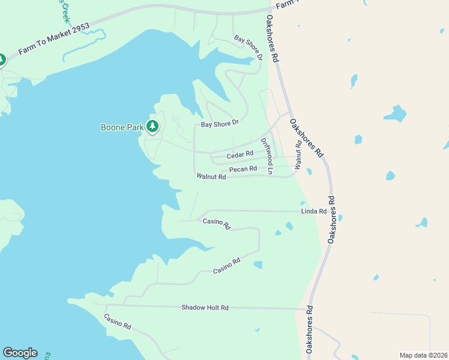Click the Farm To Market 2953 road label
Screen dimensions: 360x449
54,40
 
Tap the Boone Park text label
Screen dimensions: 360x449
122,127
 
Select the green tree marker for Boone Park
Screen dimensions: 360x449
153,127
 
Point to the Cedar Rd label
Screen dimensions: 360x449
240,155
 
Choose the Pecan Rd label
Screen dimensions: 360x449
243,170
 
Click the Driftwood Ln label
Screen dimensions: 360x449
267,157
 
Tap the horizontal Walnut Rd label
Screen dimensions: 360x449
211,176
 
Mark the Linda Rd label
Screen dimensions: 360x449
313,211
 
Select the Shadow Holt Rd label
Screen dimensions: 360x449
205,308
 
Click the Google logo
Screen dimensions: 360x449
20,353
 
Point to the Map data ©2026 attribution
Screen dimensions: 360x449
423,355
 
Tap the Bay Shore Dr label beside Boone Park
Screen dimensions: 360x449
220,124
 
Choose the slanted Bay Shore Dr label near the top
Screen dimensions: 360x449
249,47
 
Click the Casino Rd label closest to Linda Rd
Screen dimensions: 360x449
217,224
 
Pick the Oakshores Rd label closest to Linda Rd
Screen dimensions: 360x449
334,220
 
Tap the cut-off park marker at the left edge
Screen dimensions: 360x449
2,60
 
